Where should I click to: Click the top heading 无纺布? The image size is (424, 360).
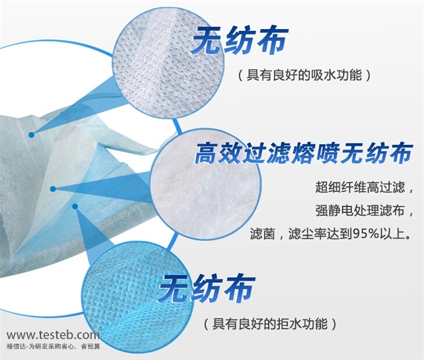pyautogui.click(x=239, y=40)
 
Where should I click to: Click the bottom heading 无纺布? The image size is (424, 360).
pyautogui.click(x=207, y=288)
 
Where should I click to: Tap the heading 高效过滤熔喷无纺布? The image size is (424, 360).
pyautogui.click(x=303, y=153)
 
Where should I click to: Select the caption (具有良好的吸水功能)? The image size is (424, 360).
pyautogui.click(x=304, y=75)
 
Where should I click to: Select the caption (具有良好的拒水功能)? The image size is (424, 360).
pyautogui.click(x=270, y=324)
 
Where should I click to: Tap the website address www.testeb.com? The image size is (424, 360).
pyautogui.click(x=53, y=335)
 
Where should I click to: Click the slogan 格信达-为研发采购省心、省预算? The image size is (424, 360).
pyautogui.click(x=53, y=346)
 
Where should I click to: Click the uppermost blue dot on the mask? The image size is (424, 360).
pyautogui.click(x=31, y=135)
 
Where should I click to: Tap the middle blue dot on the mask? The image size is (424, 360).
pyautogui.click(x=53, y=189)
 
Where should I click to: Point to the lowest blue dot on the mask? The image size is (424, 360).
pyautogui.click(x=75, y=207)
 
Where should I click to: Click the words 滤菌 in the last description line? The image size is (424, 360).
pyautogui.click(x=260, y=234)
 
